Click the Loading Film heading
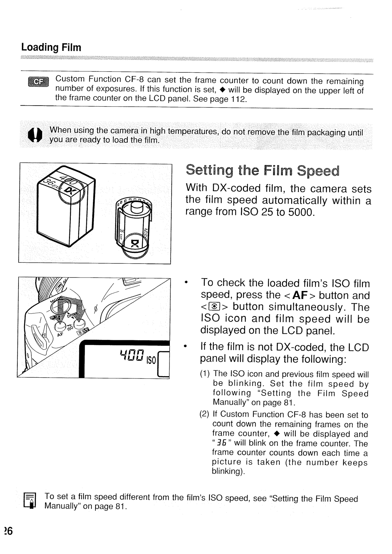coord(51,48)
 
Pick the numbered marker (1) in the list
coord(204,374)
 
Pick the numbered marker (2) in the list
coord(204,414)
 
